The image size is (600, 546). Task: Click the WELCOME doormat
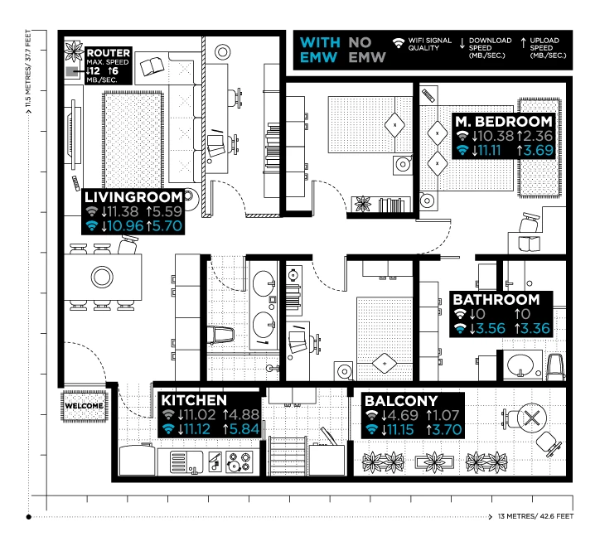pos(85,406)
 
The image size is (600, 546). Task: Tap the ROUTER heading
pos(109,53)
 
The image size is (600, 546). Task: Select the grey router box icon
pos(71,71)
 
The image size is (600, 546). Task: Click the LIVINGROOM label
pos(133,197)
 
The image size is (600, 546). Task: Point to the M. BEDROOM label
pos(504,121)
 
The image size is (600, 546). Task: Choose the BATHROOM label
pos(496,299)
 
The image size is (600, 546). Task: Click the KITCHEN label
pos(194,400)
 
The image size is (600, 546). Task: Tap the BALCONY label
pos(401,401)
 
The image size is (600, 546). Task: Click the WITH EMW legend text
pos(320,50)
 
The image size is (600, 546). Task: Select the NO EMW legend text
pos(366,50)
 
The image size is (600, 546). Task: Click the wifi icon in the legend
pos(399,43)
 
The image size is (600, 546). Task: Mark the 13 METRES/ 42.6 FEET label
pos(535,516)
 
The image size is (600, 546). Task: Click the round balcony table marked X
pos(531,418)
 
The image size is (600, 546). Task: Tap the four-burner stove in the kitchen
pos(240,461)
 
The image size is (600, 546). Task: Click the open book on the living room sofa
pos(152,67)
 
